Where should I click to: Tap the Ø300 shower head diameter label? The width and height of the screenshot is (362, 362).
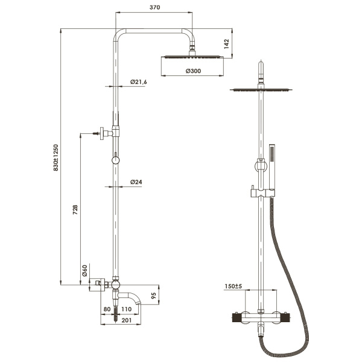click(193, 71)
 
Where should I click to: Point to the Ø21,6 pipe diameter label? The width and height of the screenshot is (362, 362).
click(139, 82)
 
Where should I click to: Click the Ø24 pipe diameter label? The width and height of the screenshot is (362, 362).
click(136, 182)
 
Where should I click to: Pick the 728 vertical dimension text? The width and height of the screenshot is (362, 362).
click(75, 209)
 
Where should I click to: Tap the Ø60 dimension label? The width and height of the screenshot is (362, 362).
click(85, 271)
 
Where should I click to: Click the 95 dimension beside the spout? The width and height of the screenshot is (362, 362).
click(154, 296)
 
